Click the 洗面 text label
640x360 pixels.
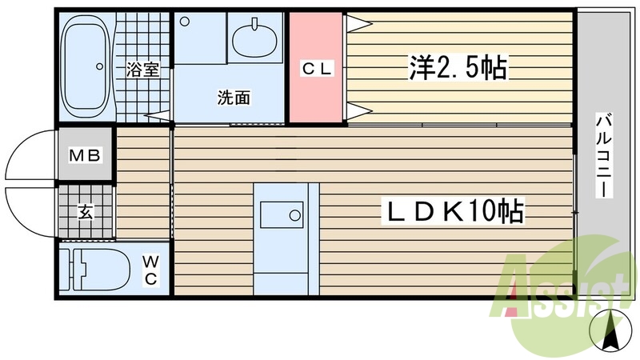point(234,98)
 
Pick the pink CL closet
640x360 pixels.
point(316,69)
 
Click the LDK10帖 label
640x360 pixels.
point(455,211)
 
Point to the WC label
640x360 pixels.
point(150,270)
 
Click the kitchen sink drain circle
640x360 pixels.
point(295,215)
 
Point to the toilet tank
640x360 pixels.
point(78,270)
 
